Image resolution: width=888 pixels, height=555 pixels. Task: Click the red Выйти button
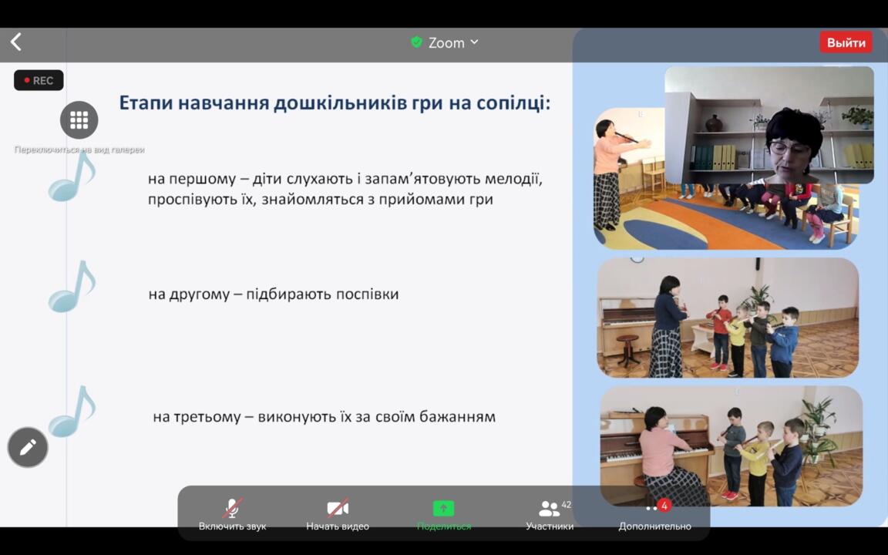click(846, 42)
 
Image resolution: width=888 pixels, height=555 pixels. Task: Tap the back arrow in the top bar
click(16, 42)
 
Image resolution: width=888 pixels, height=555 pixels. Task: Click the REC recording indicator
click(39, 80)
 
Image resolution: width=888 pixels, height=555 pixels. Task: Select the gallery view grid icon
click(79, 120)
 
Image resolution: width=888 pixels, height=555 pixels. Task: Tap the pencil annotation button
click(28, 447)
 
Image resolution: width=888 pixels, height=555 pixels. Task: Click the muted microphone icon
click(232, 508)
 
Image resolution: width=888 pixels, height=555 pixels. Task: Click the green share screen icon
click(443, 508)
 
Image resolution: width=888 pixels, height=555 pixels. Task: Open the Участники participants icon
click(549, 509)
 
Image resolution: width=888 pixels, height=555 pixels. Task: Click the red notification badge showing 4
click(664, 505)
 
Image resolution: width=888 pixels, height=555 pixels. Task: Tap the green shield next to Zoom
click(416, 42)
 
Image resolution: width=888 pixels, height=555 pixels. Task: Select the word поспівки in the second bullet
click(368, 294)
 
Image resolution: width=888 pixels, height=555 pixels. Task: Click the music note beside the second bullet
click(72, 288)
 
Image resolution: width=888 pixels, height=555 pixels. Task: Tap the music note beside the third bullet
click(72, 412)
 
